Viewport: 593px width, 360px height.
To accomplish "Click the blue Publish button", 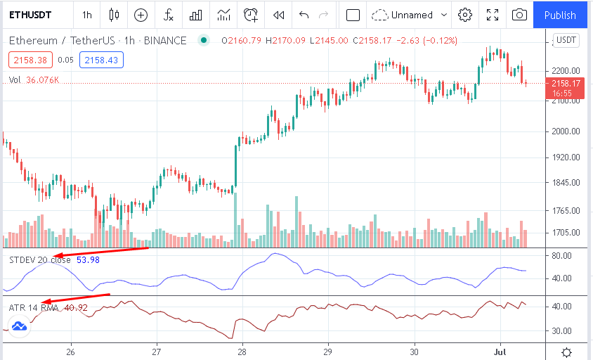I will (x=560, y=15).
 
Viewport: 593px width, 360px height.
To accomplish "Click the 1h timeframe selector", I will (x=86, y=15).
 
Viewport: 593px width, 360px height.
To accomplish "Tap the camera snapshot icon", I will (x=519, y=15).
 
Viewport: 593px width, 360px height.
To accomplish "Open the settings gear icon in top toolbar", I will (x=464, y=15).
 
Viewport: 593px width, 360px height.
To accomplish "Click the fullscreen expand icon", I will (x=493, y=15).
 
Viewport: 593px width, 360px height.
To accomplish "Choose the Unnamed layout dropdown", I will (x=410, y=15).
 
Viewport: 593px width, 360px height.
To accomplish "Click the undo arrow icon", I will (x=304, y=15).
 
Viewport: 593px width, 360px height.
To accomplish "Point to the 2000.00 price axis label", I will (x=565, y=131).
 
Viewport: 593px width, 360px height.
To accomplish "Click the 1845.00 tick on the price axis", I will (x=565, y=183).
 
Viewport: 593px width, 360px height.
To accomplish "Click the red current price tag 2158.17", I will (x=566, y=87).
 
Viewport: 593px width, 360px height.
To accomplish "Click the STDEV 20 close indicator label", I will (x=39, y=260).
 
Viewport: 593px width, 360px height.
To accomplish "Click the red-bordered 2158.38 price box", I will (x=30, y=60).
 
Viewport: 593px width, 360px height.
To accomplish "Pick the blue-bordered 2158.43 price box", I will (x=101, y=60).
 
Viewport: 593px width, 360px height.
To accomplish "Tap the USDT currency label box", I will (x=566, y=41).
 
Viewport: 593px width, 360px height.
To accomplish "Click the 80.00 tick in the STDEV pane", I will (x=565, y=256).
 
